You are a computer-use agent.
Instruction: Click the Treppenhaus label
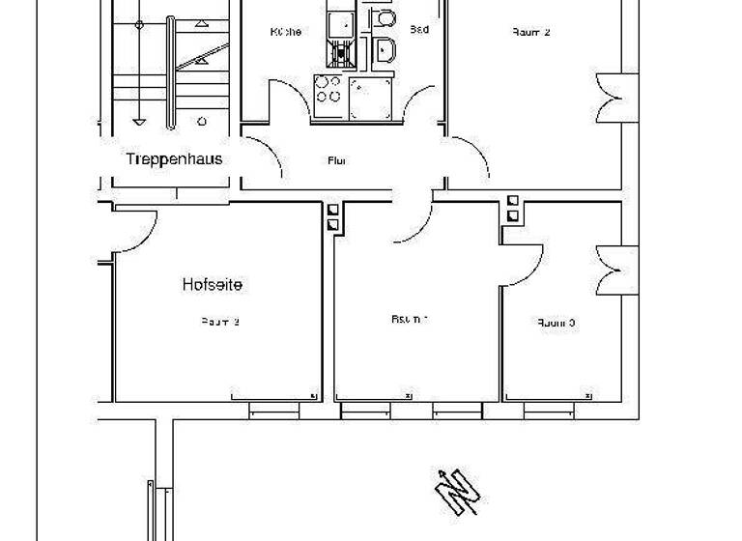(174, 158)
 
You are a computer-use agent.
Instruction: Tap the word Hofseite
(212, 285)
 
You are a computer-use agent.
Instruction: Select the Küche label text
(285, 32)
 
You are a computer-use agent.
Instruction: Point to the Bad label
(419, 30)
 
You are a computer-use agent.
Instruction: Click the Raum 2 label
(530, 32)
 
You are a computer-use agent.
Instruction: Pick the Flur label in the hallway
(337, 161)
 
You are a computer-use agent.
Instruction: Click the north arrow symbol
(457, 492)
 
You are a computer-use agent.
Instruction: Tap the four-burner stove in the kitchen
(328, 90)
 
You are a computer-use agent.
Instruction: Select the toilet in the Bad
(385, 19)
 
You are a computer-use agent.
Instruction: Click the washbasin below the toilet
(385, 49)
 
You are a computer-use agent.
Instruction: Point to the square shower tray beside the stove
(369, 98)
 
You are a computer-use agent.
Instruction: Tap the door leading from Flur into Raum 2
(468, 159)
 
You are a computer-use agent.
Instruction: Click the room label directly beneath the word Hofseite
(220, 322)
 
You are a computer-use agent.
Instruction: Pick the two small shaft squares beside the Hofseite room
(332, 216)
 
